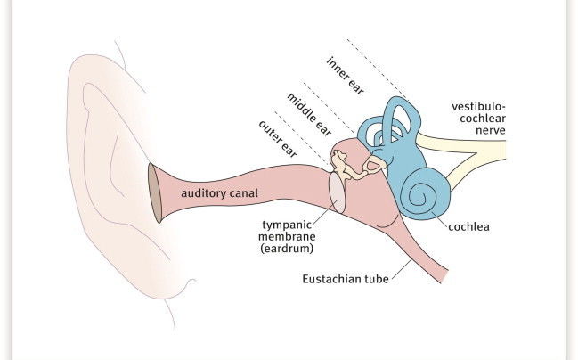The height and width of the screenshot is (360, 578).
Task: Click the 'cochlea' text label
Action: coord(469,226)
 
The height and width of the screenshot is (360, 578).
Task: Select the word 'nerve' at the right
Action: coord(490,130)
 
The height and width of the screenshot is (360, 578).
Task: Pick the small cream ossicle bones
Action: coord(342,165)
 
